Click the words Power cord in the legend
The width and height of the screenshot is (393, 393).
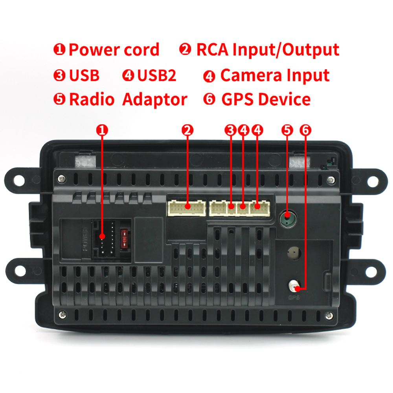(114, 50)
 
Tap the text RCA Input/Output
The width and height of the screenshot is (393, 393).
(267, 50)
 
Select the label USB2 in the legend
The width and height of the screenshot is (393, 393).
(156, 75)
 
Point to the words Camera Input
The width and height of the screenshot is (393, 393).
(274, 75)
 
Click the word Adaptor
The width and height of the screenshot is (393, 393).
(154, 99)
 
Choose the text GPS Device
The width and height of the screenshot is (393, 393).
(266, 99)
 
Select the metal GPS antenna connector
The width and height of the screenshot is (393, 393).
(293, 285)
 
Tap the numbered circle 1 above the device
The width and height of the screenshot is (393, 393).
(102, 130)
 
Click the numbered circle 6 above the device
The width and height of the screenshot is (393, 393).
(305, 130)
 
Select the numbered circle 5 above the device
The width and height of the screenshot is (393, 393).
(288, 130)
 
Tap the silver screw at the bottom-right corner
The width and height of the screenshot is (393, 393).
(329, 314)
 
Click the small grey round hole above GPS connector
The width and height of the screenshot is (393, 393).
(293, 252)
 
